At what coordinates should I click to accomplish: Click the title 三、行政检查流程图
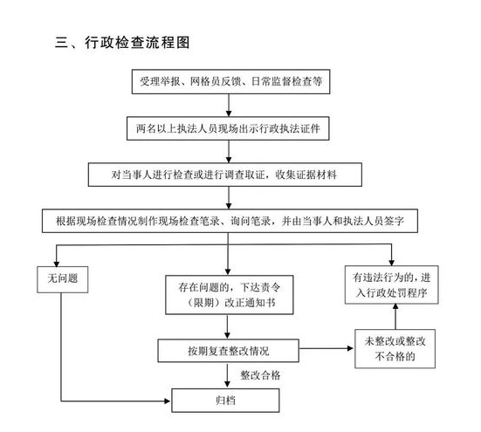coord(122,42)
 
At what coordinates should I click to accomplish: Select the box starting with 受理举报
coord(230,81)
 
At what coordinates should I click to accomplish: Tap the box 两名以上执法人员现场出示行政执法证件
coord(228,128)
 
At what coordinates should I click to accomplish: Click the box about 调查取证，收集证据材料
coord(225,175)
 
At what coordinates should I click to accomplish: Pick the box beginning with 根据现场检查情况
coord(230,221)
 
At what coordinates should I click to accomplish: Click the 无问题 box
coord(63,279)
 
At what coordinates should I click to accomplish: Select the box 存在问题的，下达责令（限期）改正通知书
coord(229,295)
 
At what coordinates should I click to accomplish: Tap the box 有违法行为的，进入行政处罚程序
coord(391,285)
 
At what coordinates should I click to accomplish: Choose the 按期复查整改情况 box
coord(228,351)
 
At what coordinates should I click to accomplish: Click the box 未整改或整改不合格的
coord(395,348)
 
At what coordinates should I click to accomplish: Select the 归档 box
coord(225,401)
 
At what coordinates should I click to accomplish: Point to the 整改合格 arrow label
coord(260,375)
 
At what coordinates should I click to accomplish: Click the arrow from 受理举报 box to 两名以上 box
coord(229,106)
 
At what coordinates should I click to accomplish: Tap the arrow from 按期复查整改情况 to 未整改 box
coord(326,348)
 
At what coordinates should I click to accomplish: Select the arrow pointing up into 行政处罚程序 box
coord(395,317)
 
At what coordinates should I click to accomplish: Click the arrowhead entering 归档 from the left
coord(168,401)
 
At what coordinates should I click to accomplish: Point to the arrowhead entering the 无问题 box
coord(56,264)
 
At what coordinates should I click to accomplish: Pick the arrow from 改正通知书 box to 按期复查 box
coord(227,326)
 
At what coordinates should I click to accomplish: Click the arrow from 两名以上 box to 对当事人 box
coord(229,152)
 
